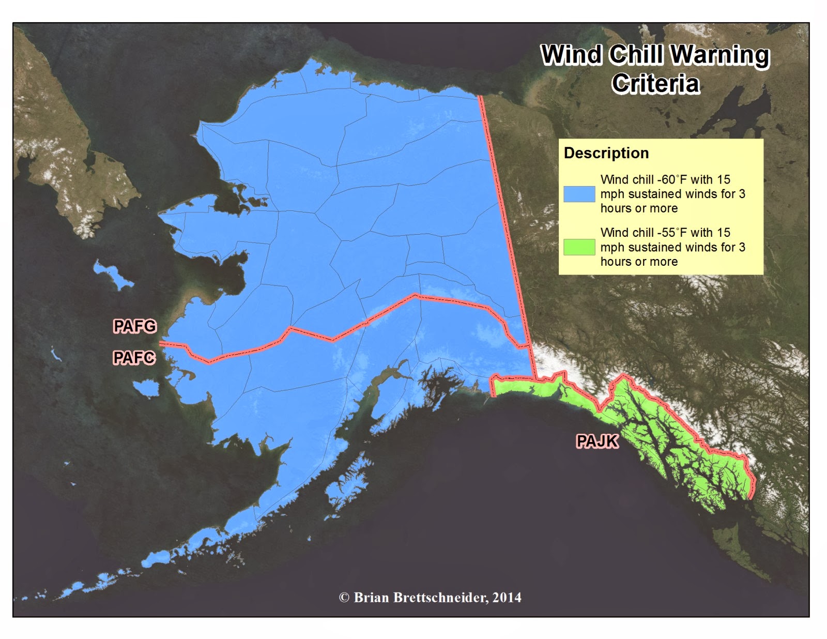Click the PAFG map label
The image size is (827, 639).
(x=134, y=326)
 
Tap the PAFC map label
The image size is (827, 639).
(x=134, y=357)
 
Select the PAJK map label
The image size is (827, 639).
(x=597, y=441)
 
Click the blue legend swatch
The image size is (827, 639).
(x=579, y=194)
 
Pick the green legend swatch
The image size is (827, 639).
(x=579, y=247)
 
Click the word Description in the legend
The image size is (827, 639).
(x=606, y=153)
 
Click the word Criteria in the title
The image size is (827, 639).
(x=655, y=84)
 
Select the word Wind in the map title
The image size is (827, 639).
(x=571, y=55)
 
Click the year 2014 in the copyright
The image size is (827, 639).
(x=507, y=598)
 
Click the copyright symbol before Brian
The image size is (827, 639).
(x=344, y=598)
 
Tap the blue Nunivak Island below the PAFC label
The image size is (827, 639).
(x=146, y=388)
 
